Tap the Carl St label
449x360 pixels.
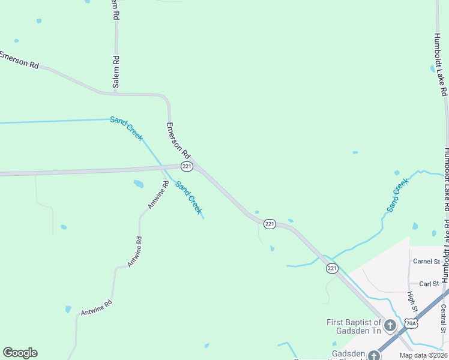click(429, 284)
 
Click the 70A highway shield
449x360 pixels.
click(411, 323)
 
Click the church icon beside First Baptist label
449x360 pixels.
click(390, 326)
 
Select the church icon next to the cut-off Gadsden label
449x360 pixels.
click(375, 355)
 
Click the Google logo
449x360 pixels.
click(20, 353)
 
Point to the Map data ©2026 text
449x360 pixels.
click(423, 355)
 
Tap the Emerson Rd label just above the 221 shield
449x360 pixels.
click(178, 140)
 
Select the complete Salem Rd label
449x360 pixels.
click(116, 71)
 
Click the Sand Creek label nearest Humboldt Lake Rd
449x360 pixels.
click(397, 195)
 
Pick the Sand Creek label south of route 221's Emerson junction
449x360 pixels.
click(188, 197)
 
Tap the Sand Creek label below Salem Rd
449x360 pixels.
click(126, 128)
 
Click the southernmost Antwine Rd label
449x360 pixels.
click(97, 308)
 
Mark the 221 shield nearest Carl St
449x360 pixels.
click(333, 268)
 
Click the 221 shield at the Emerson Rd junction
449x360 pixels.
click(187, 166)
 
